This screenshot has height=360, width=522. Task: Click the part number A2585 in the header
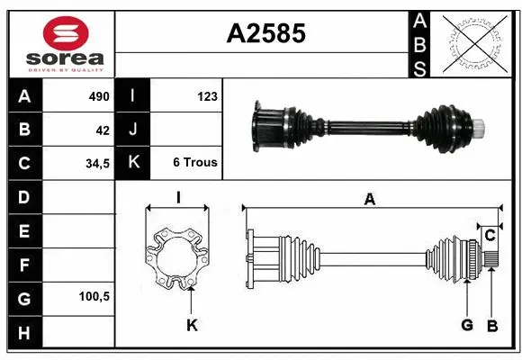tap(265, 33)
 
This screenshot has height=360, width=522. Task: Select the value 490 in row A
tap(98, 96)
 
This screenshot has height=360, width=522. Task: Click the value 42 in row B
tap(103, 130)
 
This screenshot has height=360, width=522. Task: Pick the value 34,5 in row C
tap(97, 164)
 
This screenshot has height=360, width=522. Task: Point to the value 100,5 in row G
tap(94, 296)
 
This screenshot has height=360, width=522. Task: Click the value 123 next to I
tap(206, 96)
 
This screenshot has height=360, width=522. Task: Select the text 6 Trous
tap(195, 164)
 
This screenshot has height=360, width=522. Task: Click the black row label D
tap(23, 197)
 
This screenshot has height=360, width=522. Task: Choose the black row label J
tap(133, 130)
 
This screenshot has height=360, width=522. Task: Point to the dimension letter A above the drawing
tap(369, 200)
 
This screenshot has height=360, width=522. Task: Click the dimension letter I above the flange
tap(178, 198)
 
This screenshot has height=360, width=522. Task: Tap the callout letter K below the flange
tap(192, 326)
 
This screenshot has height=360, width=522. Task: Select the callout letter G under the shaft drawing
tap(466, 326)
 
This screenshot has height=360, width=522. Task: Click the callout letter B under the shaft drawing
tap(491, 326)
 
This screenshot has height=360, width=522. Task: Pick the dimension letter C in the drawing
tap(490, 236)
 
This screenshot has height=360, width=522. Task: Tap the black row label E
tap(23, 230)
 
